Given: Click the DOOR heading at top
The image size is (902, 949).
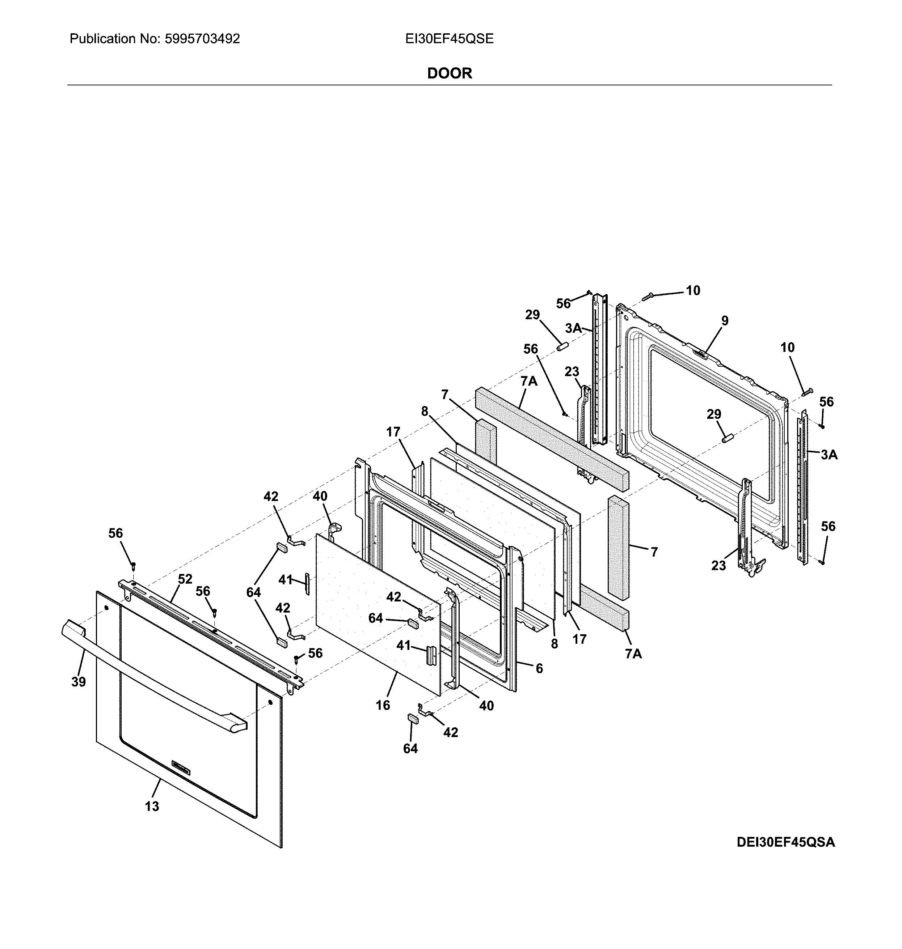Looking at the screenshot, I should coord(449,73).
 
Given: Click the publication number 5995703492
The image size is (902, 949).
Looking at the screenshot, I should coord(202,39).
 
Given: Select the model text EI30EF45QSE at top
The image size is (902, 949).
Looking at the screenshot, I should coord(449,39).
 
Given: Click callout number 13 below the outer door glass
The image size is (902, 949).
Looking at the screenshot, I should coord(152,806).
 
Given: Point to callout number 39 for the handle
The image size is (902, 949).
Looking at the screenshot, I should coord(79,681).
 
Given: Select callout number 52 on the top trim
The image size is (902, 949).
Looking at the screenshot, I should coord(185,579).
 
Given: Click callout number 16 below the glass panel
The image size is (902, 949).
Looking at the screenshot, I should coord(383,705).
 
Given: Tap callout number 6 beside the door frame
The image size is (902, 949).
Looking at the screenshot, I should coord(539,668).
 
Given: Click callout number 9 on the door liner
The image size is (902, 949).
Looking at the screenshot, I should coord(725,320).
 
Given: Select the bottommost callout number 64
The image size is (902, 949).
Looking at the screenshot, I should coord(410,749).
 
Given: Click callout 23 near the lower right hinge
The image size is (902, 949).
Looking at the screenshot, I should coord(718,566).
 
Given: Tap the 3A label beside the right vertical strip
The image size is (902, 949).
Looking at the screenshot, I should coord(829,455).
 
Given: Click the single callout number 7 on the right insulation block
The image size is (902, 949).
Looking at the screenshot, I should coord(654,552).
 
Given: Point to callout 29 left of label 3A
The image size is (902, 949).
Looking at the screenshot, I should coord(532,315).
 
